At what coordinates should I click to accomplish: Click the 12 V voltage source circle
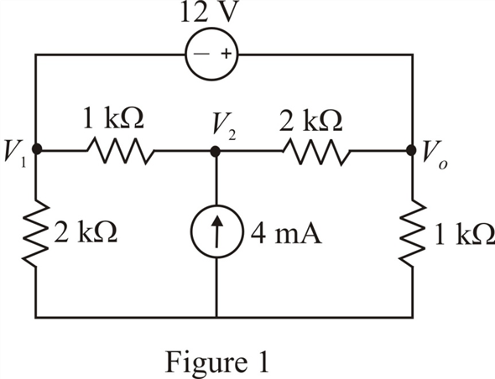click(211, 29)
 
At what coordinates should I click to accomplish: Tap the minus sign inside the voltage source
click(201, 54)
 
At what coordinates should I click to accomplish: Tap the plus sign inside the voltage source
click(226, 54)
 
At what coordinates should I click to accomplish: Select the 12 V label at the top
click(208, 12)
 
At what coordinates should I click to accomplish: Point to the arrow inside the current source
click(216, 231)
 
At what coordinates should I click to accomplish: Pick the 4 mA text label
click(286, 234)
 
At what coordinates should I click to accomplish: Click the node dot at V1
click(37, 149)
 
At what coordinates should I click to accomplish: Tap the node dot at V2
click(216, 152)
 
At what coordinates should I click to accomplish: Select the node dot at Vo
click(411, 151)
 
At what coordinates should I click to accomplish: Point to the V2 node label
click(224, 127)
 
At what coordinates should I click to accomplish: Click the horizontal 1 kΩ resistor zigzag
click(120, 151)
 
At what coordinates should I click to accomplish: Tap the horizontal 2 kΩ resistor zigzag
click(316, 152)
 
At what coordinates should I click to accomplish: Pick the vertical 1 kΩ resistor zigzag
click(413, 232)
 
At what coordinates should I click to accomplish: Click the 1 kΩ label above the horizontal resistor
click(113, 118)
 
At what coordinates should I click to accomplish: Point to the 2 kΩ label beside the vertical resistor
click(86, 232)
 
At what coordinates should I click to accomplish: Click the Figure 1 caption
click(217, 362)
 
